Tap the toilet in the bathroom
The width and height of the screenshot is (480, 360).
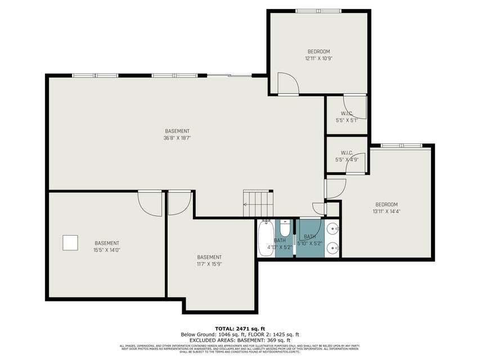[x=284, y=229]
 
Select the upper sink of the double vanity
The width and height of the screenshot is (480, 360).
[x=334, y=229]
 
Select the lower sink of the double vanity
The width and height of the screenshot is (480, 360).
[x=334, y=247]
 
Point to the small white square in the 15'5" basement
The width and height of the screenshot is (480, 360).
[x=70, y=242]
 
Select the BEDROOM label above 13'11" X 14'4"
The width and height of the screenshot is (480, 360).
[x=387, y=204]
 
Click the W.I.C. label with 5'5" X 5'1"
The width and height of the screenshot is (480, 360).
[x=346, y=113]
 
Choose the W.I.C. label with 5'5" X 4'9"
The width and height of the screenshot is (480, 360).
[x=347, y=153]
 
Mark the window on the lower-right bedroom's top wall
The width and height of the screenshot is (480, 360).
[x=401, y=146]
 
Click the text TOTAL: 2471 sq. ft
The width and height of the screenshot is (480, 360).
[x=240, y=328]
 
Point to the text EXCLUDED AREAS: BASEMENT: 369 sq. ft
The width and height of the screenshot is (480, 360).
[x=240, y=340]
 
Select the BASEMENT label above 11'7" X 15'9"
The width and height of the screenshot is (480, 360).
[x=209, y=257]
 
